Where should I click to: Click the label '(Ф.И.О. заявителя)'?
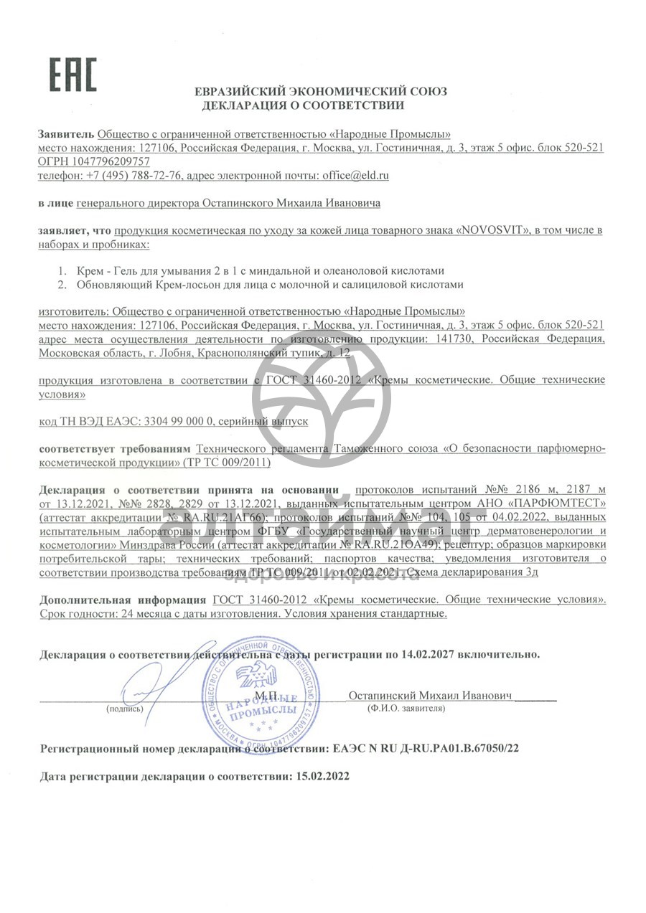tap(405, 709)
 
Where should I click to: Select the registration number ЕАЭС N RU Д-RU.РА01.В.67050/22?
tap(426, 748)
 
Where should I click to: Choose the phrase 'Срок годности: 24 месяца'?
tap(97, 614)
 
